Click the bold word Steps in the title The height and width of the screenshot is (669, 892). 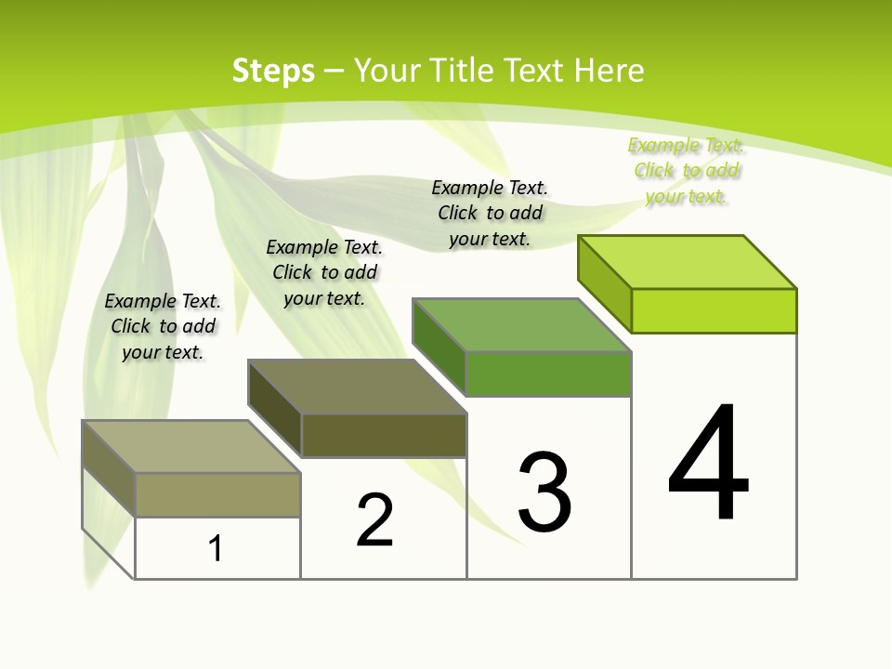273,71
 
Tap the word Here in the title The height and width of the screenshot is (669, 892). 609,71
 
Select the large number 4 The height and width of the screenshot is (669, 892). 709,465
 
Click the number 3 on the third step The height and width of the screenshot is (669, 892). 544,492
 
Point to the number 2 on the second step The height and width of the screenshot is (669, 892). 375,520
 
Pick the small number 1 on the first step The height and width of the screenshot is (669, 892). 216,549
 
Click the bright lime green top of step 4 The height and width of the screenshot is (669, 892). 688,261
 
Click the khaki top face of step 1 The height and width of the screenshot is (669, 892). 191,447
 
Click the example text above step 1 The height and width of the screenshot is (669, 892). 163,326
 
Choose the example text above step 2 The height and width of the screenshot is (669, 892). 324,272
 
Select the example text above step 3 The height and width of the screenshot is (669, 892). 490,213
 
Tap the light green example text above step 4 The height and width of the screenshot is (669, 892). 686,170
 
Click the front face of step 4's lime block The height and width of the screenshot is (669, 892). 714,310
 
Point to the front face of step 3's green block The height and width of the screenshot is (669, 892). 548,374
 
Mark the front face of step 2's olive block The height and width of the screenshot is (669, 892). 384,435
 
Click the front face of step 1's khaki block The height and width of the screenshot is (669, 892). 217,494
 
